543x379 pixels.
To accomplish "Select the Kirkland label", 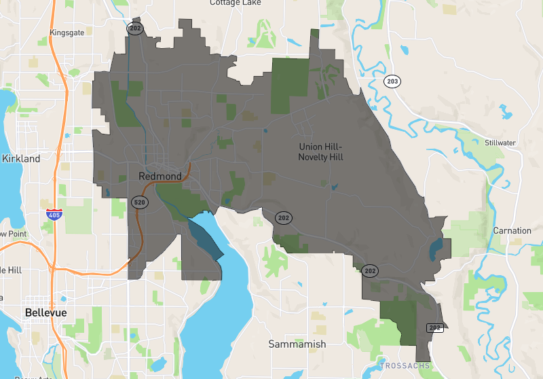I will (21, 158).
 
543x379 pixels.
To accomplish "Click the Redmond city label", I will (160, 177).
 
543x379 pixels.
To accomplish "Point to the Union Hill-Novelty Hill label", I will (321, 152).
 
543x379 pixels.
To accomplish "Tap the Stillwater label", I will (501, 143).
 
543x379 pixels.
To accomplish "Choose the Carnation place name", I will (512, 230).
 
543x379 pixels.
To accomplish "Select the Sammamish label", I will (297, 344).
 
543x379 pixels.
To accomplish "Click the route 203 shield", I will (391, 82).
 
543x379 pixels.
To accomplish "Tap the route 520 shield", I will (139, 202).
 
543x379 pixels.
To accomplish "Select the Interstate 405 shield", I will (54, 215).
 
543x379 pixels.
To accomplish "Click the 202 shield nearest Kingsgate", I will (134, 28).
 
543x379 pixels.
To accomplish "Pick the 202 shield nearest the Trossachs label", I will (435, 327).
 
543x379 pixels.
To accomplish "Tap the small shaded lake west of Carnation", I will (436, 249).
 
